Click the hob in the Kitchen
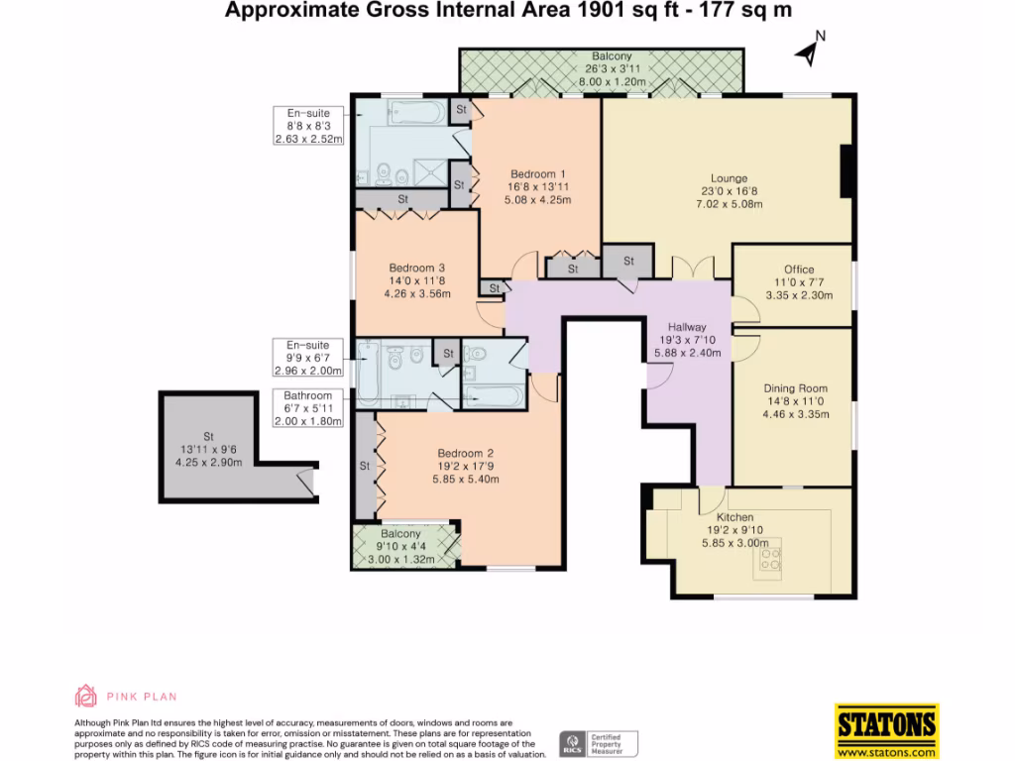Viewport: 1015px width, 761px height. (771, 559)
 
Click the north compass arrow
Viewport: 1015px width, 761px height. (807, 54)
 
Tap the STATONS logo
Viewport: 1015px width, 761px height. (886, 730)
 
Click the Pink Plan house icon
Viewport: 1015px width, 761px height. (85, 697)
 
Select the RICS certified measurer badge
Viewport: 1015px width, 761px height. (599, 744)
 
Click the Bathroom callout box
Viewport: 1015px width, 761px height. (308, 408)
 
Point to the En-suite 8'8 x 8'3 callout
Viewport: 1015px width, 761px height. (308, 126)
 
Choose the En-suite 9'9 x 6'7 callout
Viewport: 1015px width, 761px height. (308, 358)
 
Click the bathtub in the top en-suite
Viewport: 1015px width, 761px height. (417, 113)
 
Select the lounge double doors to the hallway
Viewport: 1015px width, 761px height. (693, 267)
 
